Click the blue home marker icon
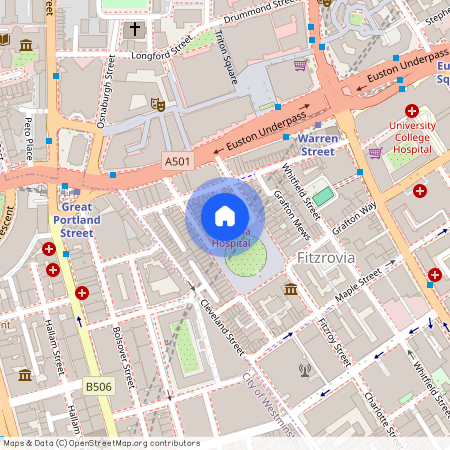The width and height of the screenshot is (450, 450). click(x=225, y=215)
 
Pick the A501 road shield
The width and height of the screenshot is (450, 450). click(x=177, y=159)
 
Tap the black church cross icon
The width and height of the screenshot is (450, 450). click(x=135, y=29)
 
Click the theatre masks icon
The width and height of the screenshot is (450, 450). click(x=157, y=103)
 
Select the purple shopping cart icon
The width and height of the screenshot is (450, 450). click(x=300, y=66)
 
